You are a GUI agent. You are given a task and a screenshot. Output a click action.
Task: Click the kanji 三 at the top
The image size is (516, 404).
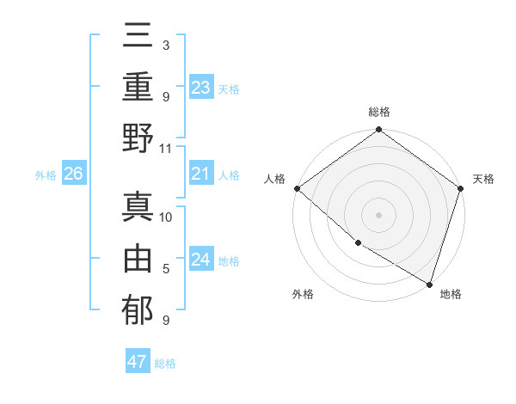pos(138,40)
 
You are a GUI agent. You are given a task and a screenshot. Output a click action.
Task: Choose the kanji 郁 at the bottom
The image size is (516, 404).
pos(138,311)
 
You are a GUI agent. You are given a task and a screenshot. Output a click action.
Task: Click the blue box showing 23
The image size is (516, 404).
pos(201,87)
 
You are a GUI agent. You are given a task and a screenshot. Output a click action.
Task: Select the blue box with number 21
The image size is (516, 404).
pos(201,174)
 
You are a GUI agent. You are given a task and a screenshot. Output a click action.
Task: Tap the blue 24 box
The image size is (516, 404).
pos(201,260)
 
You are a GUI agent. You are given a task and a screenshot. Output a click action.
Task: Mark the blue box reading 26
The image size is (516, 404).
pos(73,174)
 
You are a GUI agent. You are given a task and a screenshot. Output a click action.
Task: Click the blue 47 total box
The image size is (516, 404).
pos(138,362)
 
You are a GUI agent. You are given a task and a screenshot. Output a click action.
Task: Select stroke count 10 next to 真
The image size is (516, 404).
pos(166,217)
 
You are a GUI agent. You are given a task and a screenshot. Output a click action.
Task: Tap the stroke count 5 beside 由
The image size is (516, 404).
pos(166,269)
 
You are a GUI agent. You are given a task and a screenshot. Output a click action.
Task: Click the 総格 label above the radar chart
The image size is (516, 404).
pos(378,112)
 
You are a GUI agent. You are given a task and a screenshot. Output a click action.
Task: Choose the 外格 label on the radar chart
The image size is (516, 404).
pos(303,294)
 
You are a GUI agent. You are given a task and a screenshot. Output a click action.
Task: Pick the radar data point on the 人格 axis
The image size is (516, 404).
pos(297,188)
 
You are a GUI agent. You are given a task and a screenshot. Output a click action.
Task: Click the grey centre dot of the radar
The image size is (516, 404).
pos(378,214)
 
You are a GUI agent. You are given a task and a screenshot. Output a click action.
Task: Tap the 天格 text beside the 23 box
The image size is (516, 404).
pos(229,89)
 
